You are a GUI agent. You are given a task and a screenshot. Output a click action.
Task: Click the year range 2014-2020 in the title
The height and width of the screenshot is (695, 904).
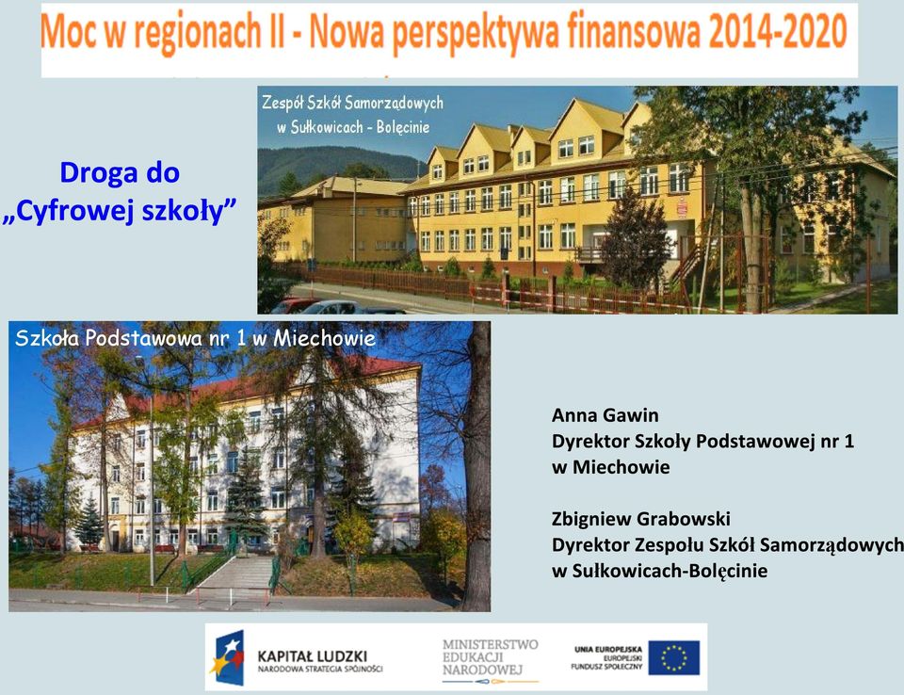pyautogui.click(x=778, y=32)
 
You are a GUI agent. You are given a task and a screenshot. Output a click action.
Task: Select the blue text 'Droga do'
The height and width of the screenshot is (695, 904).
pyautogui.click(x=120, y=172)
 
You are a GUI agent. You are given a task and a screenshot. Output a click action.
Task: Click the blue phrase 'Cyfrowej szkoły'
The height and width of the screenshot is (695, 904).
pyautogui.click(x=120, y=211)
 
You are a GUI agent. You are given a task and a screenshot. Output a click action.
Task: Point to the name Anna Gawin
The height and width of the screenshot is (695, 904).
pyautogui.click(x=605, y=415)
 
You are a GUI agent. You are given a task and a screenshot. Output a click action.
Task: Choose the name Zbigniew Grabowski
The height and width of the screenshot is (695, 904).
pyautogui.click(x=641, y=519)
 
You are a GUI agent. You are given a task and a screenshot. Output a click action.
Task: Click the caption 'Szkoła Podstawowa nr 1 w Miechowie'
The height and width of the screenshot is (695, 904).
pyautogui.click(x=196, y=338)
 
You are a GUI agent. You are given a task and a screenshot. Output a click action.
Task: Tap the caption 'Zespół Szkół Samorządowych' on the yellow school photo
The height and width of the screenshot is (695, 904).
pyautogui.click(x=352, y=104)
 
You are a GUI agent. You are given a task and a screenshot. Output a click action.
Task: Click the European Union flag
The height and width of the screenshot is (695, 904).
pyautogui.click(x=673, y=657)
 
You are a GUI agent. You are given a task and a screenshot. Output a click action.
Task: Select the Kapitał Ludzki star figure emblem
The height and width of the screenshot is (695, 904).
pyautogui.click(x=228, y=657)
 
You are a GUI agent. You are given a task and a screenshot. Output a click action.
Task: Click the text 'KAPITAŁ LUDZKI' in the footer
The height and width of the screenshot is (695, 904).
pyautogui.click(x=312, y=656)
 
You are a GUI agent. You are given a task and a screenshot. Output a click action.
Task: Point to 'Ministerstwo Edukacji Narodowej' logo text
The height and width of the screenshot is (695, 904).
pyautogui.click(x=490, y=657)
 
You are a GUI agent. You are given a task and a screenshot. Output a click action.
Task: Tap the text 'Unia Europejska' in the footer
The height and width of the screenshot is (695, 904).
pyautogui.click(x=607, y=650)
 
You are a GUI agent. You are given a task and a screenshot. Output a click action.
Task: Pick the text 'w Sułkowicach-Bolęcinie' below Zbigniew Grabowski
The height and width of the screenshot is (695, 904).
pyautogui.click(x=659, y=571)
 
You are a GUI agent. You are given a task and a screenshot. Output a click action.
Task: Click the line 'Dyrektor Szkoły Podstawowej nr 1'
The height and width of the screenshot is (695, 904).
pyautogui.click(x=702, y=442)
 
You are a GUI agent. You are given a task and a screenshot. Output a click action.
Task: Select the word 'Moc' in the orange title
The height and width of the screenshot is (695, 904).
pyautogui.click(x=68, y=32)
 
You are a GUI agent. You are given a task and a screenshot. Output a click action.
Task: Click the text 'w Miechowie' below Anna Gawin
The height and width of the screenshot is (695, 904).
pyautogui.click(x=610, y=467)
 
